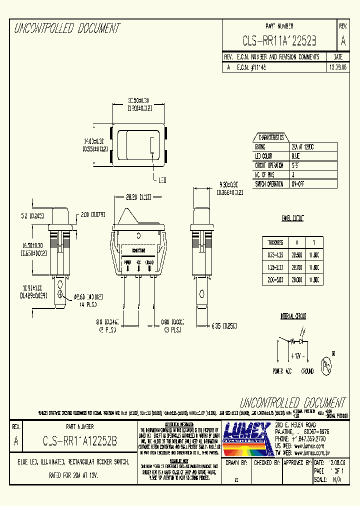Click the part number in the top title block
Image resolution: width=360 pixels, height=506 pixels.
(x=279, y=40)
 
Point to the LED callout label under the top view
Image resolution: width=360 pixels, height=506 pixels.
(x=161, y=180)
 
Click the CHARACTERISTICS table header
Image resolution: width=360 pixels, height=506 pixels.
(x=270, y=137)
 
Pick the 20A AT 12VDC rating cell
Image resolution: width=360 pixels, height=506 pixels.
(x=304, y=146)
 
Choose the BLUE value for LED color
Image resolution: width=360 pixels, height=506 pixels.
(x=296, y=156)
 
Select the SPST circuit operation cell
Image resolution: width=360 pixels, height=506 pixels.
(x=297, y=165)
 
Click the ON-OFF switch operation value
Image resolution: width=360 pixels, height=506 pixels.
(x=298, y=184)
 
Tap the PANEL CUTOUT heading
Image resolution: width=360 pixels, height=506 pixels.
(x=292, y=218)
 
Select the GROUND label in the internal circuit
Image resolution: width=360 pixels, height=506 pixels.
(x=307, y=371)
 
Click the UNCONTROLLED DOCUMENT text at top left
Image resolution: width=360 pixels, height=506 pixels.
(x=67, y=28)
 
